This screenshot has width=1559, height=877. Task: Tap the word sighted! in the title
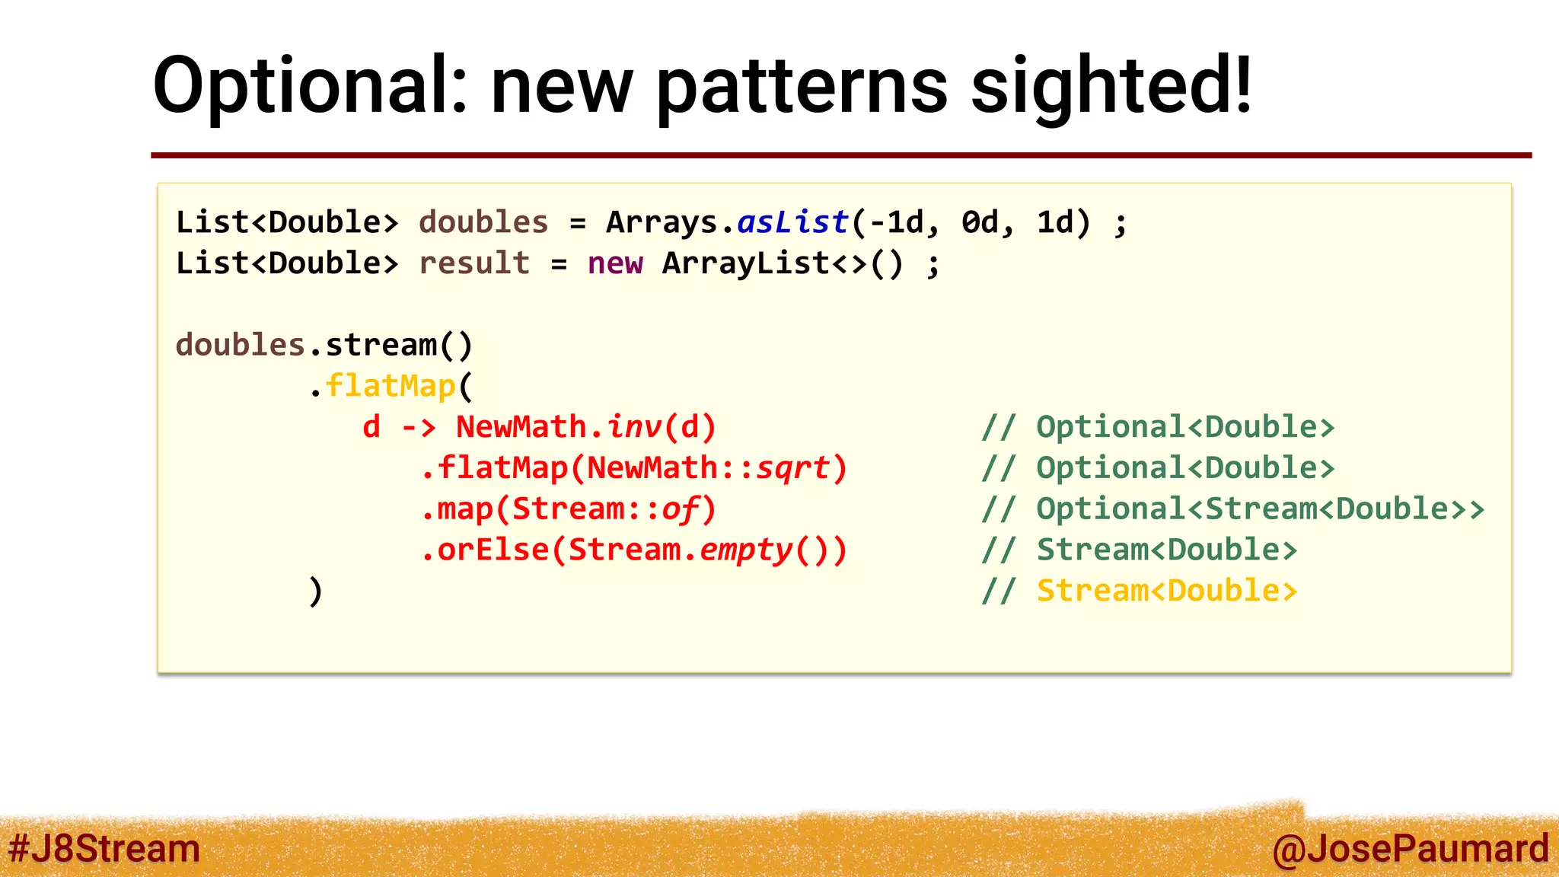click(x=1111, y=85)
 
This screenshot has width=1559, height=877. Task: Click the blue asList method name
click(x=792, y=222)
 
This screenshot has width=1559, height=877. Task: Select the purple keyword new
click(x=615, y=263)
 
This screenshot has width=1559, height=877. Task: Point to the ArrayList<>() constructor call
click(x=783, y=263)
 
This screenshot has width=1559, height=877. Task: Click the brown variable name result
click(x=474, y=263)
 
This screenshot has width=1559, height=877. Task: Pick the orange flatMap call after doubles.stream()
click(x=391, y=386)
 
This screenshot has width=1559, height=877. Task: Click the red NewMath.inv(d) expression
click(x=585, y=427)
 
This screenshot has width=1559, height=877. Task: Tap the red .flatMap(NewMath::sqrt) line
click(x=634, y=468)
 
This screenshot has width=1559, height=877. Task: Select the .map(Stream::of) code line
click(x=569, y=509)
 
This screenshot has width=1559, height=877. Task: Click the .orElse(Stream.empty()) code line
click(x=634, y=550)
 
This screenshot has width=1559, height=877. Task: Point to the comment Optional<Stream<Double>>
click(x=1260, y=509)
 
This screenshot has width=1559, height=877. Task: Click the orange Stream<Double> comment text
click(x=1166, y=591)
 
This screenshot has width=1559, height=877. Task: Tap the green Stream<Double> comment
click(x=1166, y=550)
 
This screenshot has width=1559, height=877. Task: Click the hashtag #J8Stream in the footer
click(x=104, y=849)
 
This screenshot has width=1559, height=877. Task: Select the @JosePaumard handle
click(x=1410, y=849)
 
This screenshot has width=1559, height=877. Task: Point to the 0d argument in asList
click(x=980, y=222)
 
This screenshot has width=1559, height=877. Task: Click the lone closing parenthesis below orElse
click(x=316, y=592)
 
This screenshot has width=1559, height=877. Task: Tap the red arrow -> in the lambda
click(x=419, y=427)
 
